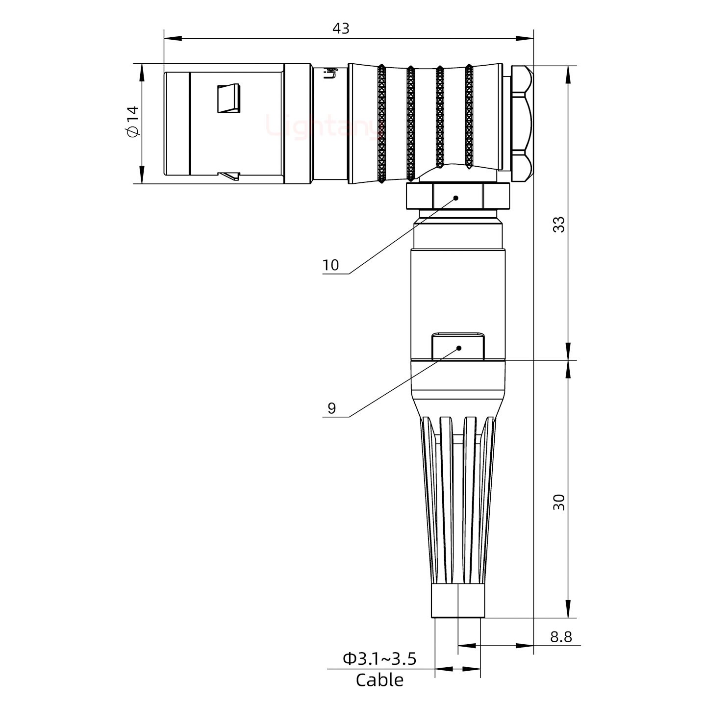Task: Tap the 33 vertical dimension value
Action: pyautogui.click(x=558, y=225)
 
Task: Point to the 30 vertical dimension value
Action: pyautogui.click(x=558, y=503)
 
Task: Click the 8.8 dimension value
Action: pyautogui.click(x=560, y=637)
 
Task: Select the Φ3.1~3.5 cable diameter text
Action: pyautogui.click(x=379, y=659)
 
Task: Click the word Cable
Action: pyautogui.click(x=379, y=681)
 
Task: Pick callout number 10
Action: pyautogui.click(x=331, y=265)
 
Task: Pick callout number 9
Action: pyautogui.click(x=332, y=408)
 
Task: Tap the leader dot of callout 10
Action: pyautogui.click(x=455, y=198)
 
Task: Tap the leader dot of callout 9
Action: pyautogui.click(x=459, y=348)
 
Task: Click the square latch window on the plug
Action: pyautogui.click(x=229, y=99)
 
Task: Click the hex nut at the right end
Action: pyautogui.click(x=521, y=124)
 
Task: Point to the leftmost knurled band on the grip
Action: pyautogui.click(x=381, y=125)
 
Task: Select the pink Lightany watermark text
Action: pyautogui.click(x=324, y=125)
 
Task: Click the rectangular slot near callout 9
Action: pyautogui.click(x=458, y=347)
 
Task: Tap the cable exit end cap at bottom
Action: pyautogui.click(x=458, y=601)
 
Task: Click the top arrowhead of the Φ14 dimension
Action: pyautogui.click(x=142, y=74)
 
